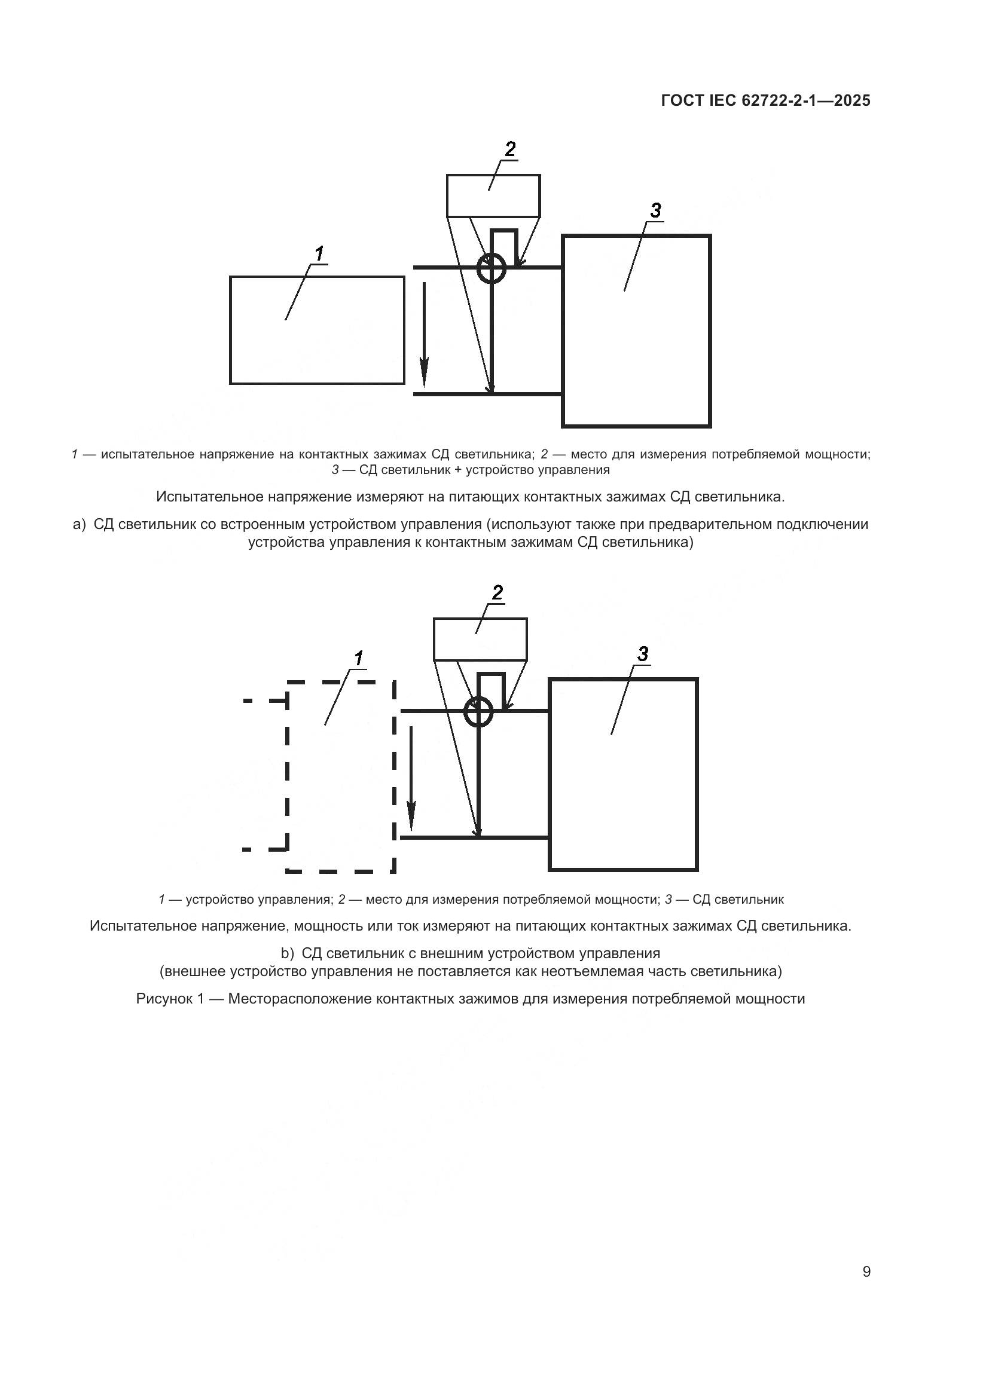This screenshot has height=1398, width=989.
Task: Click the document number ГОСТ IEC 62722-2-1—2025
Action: pyautogui.click(x=765, y=101)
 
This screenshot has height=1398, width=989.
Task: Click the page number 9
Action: pyautogui.click(x=866, y=1272)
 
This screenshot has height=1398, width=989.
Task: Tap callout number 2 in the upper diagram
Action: pyautogui.click(x=509, y=149)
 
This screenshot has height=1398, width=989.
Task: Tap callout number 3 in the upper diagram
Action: pyautogui.click(x=655, y=210)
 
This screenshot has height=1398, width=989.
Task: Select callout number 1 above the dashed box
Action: pyautogui.click(x=358, y=658)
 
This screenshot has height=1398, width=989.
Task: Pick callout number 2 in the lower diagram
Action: pyautogui.click(x=497, y=592)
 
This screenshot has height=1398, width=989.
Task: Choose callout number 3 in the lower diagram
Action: pyautogui.click(x=642, y=654)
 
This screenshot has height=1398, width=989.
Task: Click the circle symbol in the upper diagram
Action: pyautogui.click(x=491, y=268)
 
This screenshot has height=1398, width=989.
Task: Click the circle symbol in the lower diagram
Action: pyautogui.click(x=478, y=711)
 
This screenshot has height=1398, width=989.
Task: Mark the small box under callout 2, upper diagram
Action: pyautogui.click(x=493, y=196)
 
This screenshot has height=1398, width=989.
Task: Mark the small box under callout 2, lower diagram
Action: pyautogui.click(x=480, y=640)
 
